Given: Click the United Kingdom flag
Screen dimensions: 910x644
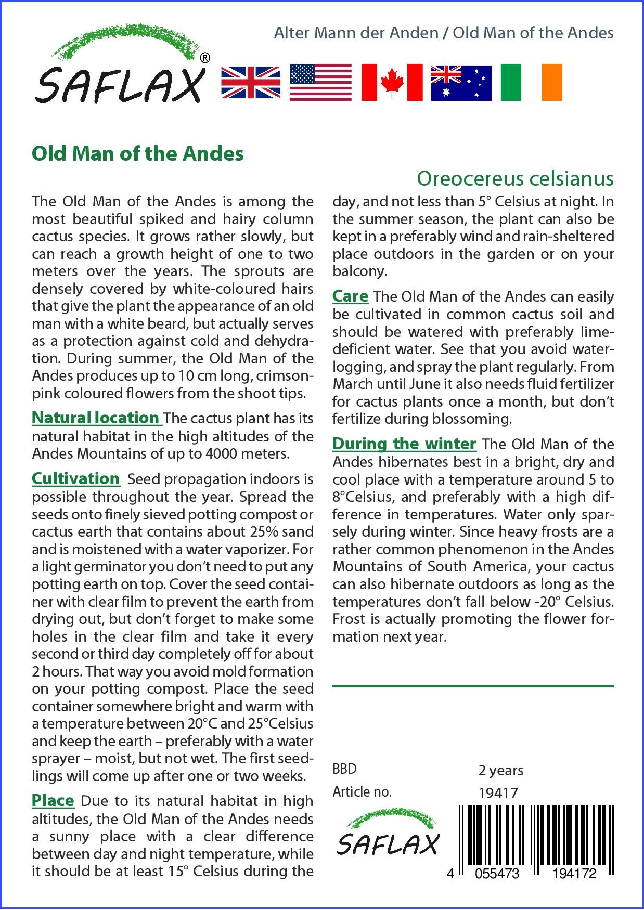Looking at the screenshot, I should coord(251,83).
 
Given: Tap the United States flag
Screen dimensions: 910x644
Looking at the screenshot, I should coord(320,83).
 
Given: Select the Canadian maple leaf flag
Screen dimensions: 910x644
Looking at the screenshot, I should coord(392,83).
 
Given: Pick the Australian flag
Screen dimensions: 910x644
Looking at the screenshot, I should coord(461,83).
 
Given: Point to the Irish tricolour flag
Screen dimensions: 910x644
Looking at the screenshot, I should coord(531,83).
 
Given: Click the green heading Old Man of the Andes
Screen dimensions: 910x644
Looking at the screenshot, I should coord(138,154).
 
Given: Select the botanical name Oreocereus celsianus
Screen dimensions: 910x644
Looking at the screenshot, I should coord(515,179).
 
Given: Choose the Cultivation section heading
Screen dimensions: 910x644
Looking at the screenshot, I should coord(76,478).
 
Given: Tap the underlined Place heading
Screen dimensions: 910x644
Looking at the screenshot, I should coord(53,801).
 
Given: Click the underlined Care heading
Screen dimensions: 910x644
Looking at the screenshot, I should coord(350,296).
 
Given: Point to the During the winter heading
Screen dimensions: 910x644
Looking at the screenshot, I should coord(404,444).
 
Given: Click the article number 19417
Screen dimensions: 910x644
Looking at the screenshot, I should coord(498,793).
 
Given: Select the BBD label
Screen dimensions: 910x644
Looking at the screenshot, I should coord(344,769).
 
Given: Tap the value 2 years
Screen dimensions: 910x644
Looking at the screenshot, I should coord(500,770).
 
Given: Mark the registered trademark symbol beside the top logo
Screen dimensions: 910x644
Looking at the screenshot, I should coord(205,58).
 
